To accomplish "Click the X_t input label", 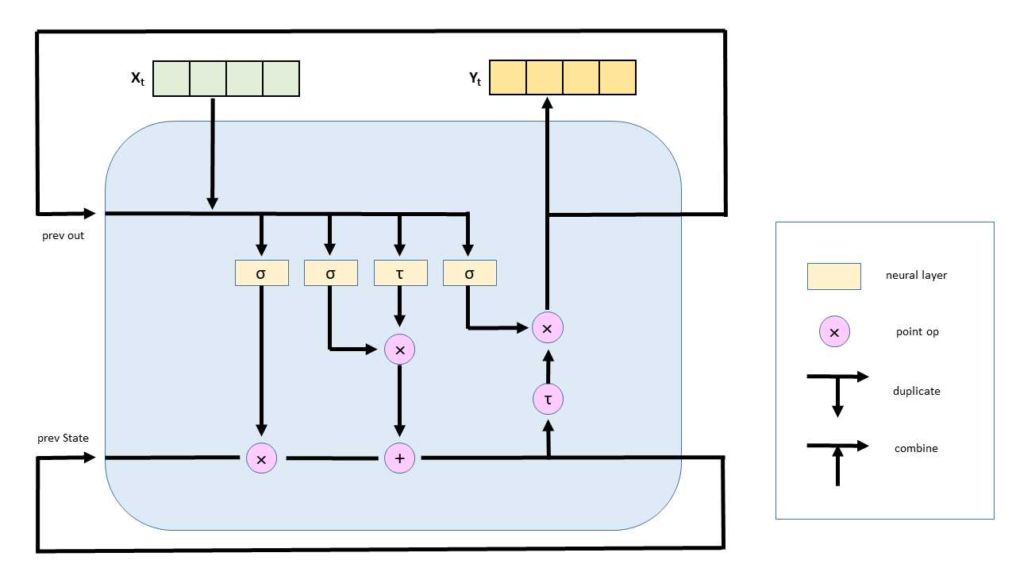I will tap(137, 79).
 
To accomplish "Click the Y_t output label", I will tap(475, 79).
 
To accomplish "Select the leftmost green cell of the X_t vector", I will tap(171, 79).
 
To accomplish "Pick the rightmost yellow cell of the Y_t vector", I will tap(618, 78).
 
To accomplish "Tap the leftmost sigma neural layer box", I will tap(261, 273).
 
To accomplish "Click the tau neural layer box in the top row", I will tap(399, 273).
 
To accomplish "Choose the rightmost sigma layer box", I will tap(469, 273).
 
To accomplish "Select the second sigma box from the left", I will tap(330, 273).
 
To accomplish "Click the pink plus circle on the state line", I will tap(399, 458).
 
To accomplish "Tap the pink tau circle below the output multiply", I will tap(547, 399).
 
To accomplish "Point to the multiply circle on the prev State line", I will tap(261, 458).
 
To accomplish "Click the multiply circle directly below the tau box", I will tap(399, 350).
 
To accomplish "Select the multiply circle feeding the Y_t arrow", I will tap(547, 327).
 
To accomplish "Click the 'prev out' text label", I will tap(63, 236).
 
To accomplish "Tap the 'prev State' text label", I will tap(63, 439).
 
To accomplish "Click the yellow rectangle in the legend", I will tap(833, 276).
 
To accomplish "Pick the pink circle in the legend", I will tap(833, 332).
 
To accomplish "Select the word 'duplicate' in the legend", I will tap(916, 391).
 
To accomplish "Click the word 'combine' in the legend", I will tap(916, 448).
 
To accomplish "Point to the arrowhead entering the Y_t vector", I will tap(547, 102).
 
